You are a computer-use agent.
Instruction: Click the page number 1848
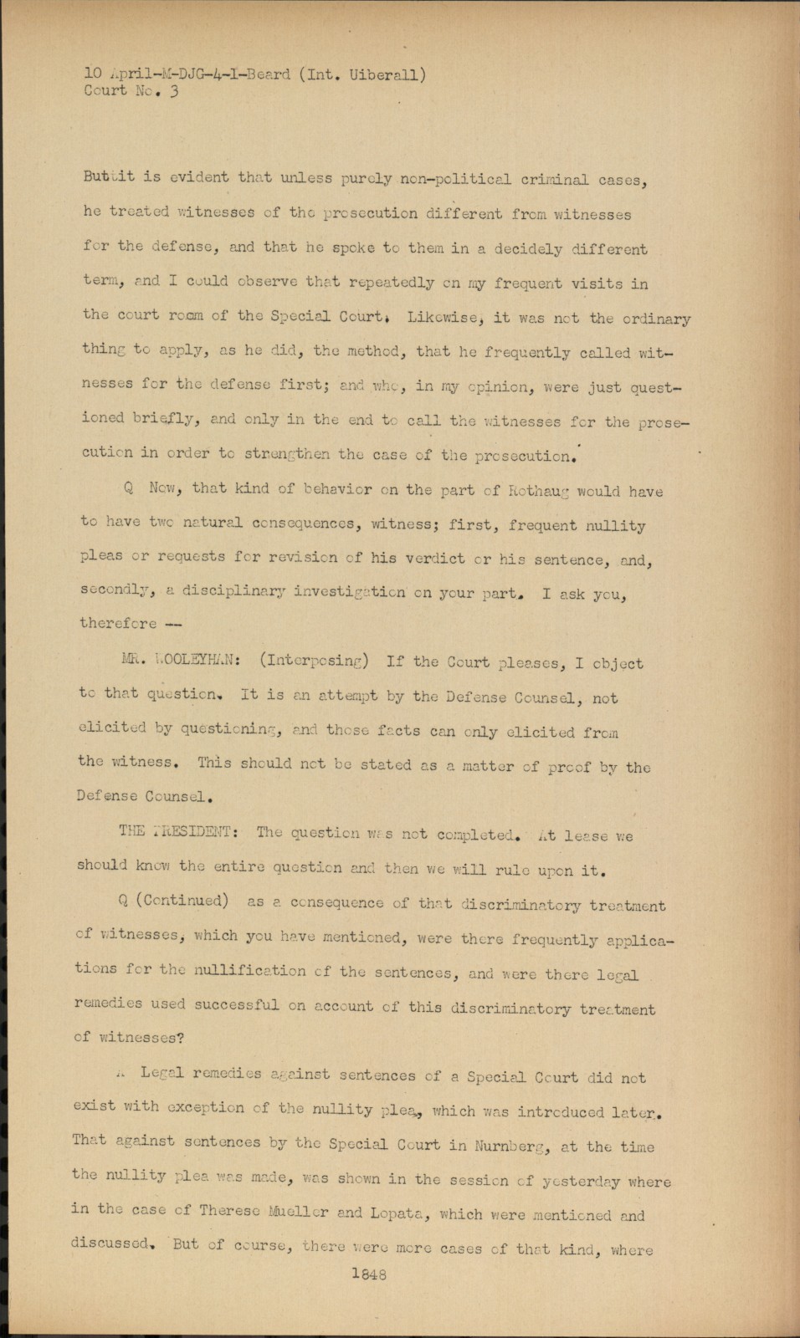369,1275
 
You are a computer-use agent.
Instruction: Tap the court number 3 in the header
173,92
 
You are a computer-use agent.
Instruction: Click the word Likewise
444,318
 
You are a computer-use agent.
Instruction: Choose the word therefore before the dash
118,622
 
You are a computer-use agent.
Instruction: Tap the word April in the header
122,74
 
